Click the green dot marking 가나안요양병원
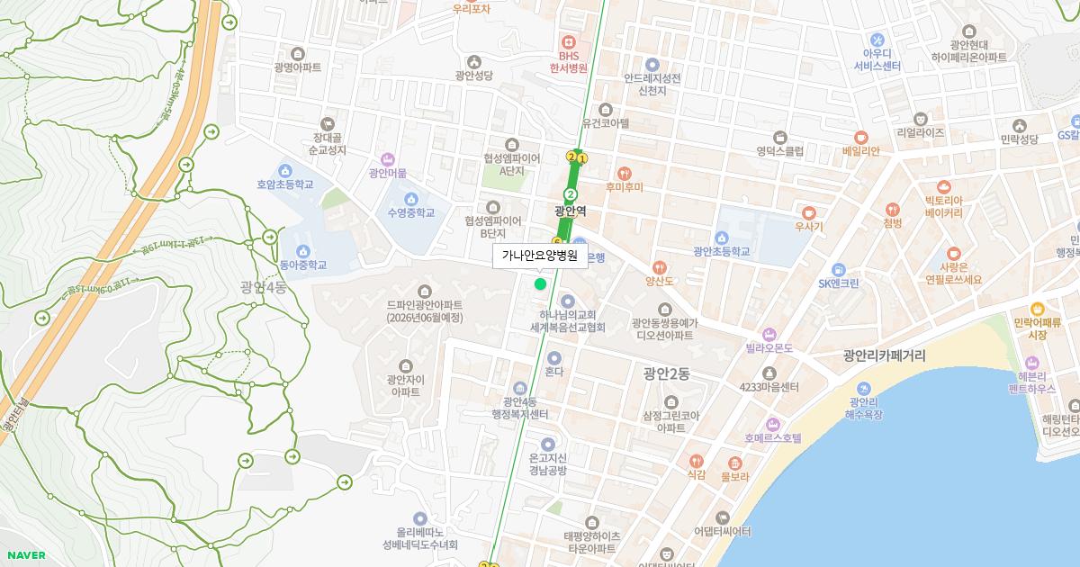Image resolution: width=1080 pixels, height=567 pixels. pos(540,284)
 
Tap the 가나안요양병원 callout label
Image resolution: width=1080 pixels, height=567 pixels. pos(539,256)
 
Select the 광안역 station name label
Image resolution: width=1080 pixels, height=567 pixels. pos(571,211)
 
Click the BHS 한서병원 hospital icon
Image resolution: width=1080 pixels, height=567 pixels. pos(569,42)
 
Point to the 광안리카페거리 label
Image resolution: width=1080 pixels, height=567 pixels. pos(885,356)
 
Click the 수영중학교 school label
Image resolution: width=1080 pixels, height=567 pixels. pos(411,213)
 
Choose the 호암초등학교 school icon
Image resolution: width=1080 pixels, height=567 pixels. pos(285,170)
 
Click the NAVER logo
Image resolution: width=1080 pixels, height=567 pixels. pos(24,555)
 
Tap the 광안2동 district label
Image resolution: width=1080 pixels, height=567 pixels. pos(667,373)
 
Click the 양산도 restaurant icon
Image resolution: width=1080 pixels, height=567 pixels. pos(660,267)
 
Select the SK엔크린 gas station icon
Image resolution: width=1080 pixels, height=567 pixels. pos(839,269)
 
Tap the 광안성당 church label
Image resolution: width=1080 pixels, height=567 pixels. pos(473,76)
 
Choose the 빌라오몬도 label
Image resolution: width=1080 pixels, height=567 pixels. pos(769,347)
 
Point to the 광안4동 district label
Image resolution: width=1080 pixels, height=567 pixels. pos(263,288)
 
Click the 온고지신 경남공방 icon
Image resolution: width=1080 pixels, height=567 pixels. pos(548,444)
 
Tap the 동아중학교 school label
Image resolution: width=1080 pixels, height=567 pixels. pos(303,265)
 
